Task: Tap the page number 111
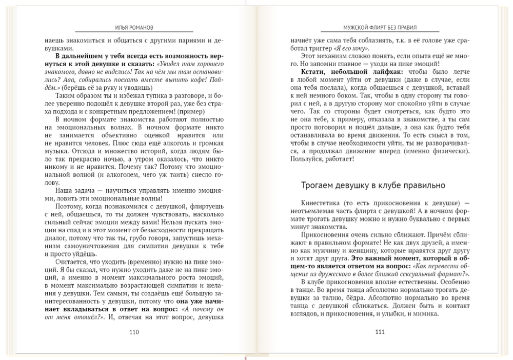380,332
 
